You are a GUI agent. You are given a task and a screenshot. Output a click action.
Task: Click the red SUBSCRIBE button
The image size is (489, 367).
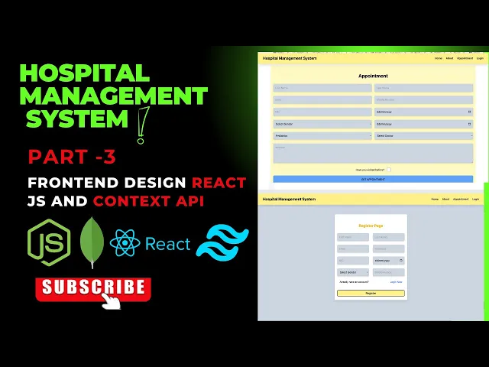(92, 287)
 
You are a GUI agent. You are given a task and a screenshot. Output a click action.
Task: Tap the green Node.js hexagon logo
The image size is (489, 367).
(50, 242)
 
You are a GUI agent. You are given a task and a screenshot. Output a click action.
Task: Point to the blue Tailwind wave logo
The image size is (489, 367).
(222, 242)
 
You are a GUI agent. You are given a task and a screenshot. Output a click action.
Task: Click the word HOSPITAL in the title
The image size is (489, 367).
(84, 73)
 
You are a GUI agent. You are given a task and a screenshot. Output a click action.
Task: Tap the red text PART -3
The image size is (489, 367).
(72, 158)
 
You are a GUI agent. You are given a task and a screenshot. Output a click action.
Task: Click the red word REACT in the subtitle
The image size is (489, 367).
(219, 183)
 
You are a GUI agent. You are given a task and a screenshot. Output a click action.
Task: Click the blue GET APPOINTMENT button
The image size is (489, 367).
(373, 179)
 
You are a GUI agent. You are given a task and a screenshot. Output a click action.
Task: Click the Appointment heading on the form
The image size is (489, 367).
(373, 76)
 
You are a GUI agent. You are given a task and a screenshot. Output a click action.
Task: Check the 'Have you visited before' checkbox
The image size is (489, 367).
(388, 170)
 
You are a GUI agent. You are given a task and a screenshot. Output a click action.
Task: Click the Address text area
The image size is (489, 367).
(373, 153)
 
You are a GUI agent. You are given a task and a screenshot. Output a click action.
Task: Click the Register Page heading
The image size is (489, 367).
(371, 226)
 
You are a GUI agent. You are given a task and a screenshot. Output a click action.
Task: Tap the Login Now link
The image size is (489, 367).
(396, 282)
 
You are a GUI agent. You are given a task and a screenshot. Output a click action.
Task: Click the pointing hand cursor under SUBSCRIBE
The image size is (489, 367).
(112, 300)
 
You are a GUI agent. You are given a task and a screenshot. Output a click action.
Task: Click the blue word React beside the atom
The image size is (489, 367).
(167, 244)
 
